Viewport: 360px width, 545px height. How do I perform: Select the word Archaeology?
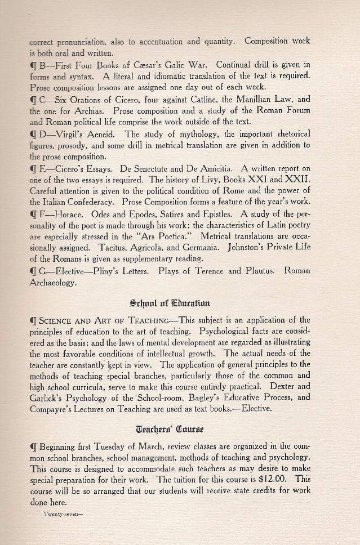pos(54,282)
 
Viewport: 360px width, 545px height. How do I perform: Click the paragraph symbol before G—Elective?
pos(33,271)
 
